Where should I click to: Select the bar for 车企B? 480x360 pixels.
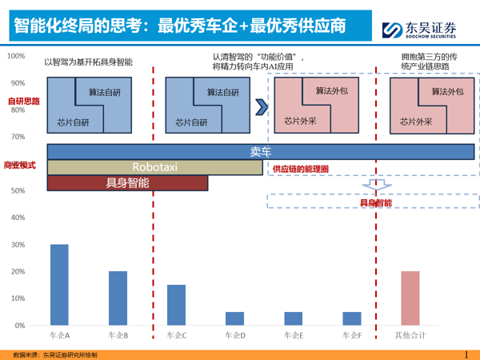118,298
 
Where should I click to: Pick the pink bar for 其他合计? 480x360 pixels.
410,298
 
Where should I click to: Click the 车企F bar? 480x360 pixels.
352,318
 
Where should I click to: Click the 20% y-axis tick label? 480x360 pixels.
17,272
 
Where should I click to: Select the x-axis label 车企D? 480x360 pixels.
234,336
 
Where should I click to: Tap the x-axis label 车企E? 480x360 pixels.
294,336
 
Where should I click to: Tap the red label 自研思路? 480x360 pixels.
23,102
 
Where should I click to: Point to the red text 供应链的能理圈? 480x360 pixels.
301,170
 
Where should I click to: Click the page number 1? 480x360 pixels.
466,354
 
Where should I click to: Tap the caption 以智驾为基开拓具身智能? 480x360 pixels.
88,62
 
